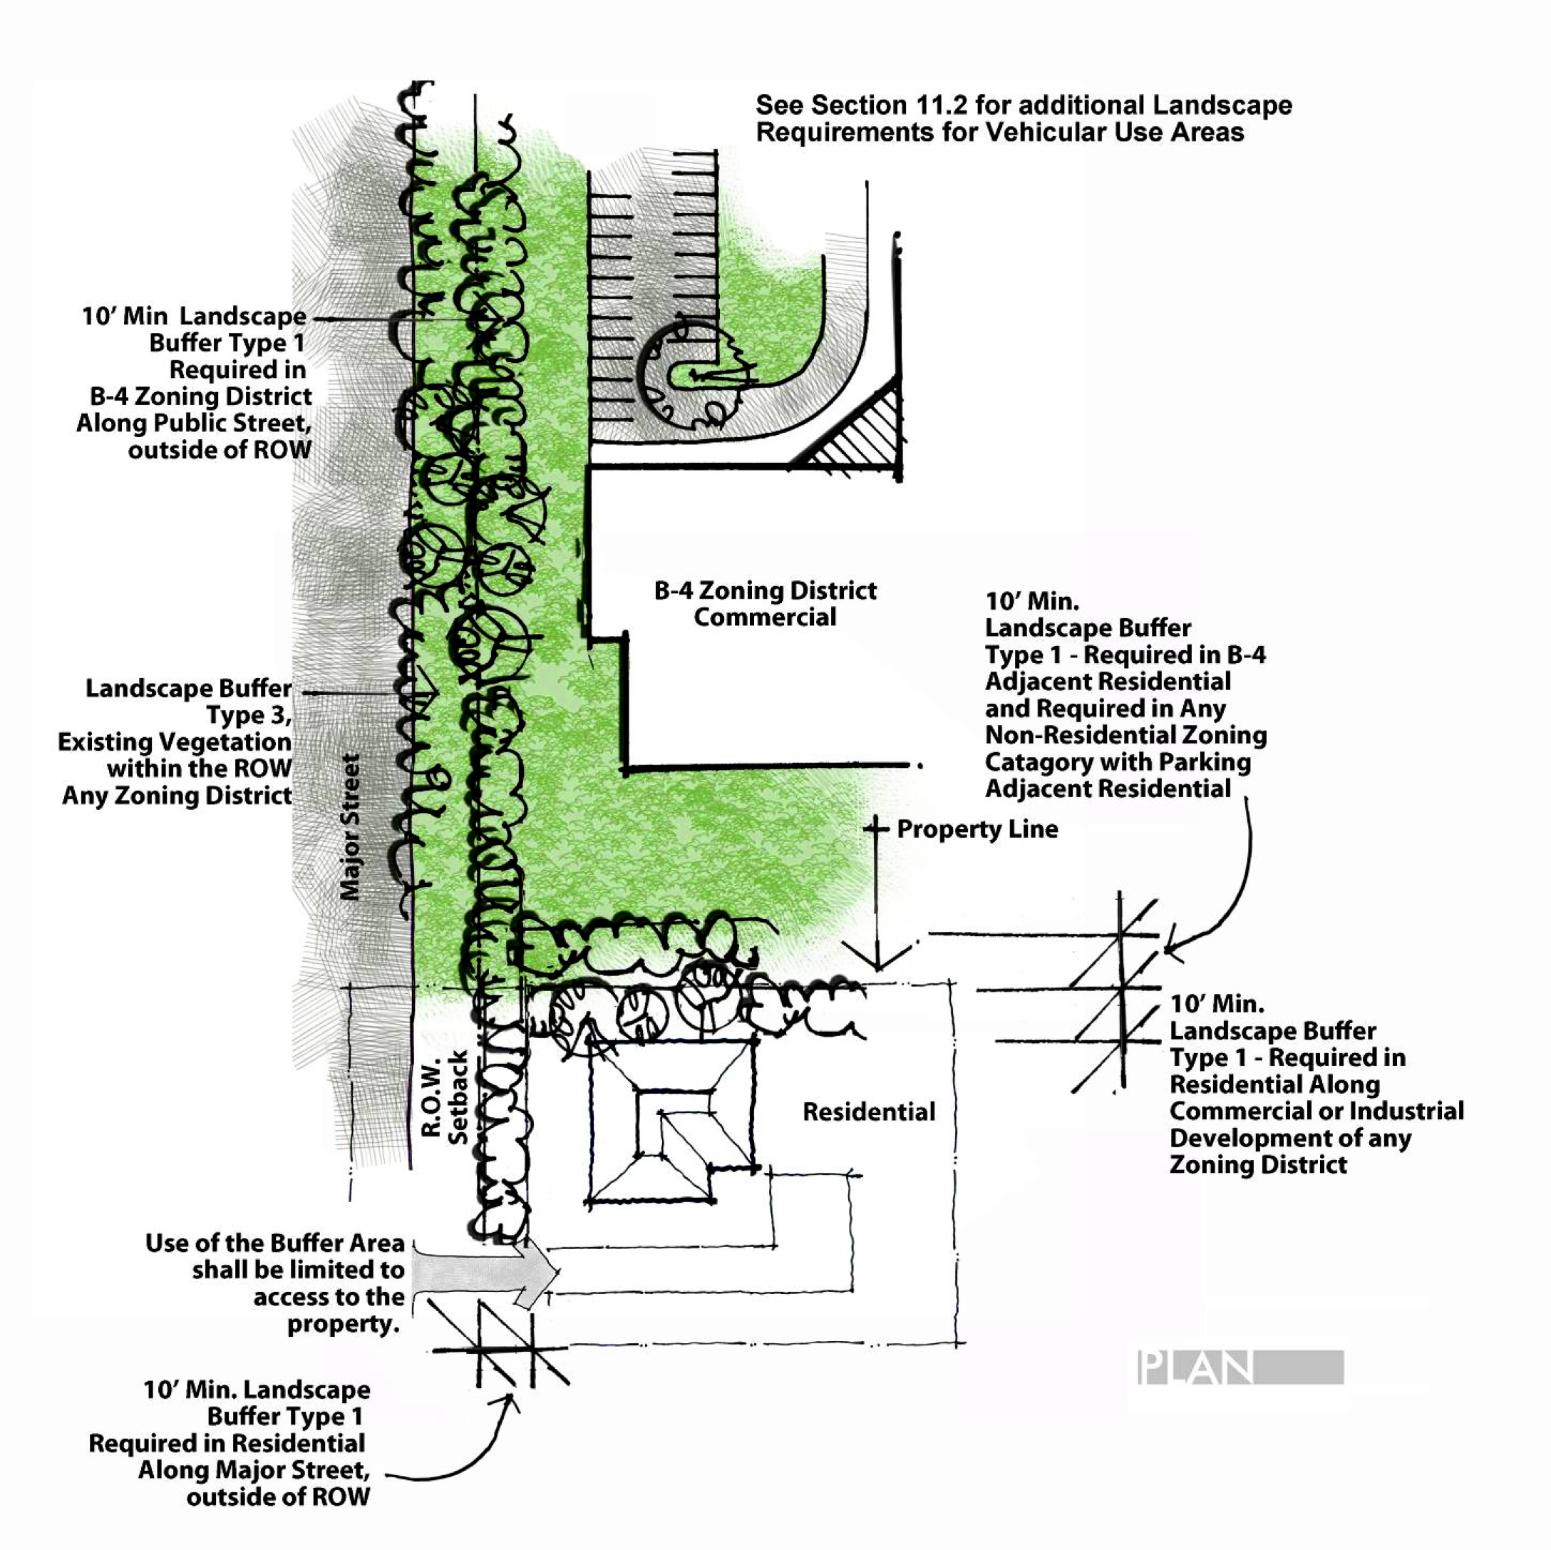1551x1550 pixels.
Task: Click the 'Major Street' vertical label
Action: (x=350, y=826)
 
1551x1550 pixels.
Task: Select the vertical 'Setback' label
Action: (x=458, y=1097)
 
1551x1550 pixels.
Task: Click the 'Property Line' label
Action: (x=977, y=828)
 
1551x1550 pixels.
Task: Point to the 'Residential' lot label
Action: (x=869, y=1112)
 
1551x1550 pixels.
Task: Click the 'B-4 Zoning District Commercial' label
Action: (x=765, y=604)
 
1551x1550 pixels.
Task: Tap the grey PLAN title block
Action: (x=1240, y=1367)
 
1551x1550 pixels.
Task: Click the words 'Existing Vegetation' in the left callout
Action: (x=174, y=741)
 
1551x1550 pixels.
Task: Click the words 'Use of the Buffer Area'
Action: (x=274, y=1243)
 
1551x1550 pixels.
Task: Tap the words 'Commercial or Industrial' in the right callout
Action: (x=1316, y=1111)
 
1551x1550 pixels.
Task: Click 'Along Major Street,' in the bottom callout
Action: (x=254, y=1469)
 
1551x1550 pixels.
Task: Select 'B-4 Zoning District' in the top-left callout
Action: (x=201, y=396)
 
